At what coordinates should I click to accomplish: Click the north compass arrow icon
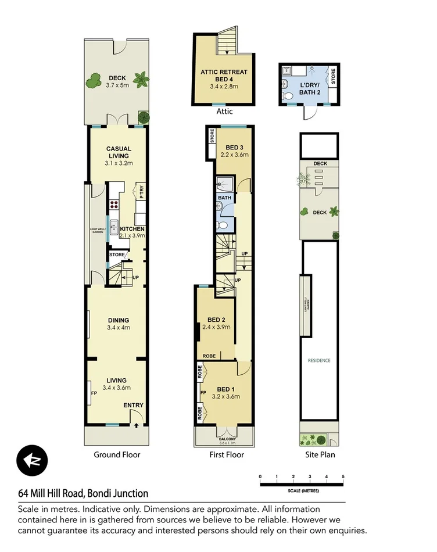pos(33,461)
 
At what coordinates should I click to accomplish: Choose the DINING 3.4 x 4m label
pos(118,324)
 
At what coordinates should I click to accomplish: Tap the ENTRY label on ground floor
pos(133,406)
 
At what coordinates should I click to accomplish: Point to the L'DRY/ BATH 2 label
pos(310,88)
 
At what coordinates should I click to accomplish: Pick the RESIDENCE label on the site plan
pos(319,360)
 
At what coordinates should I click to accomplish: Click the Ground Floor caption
pos(117,455)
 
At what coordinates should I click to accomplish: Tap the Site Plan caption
pos(319,455)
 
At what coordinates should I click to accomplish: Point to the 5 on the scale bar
pos(343,476)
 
